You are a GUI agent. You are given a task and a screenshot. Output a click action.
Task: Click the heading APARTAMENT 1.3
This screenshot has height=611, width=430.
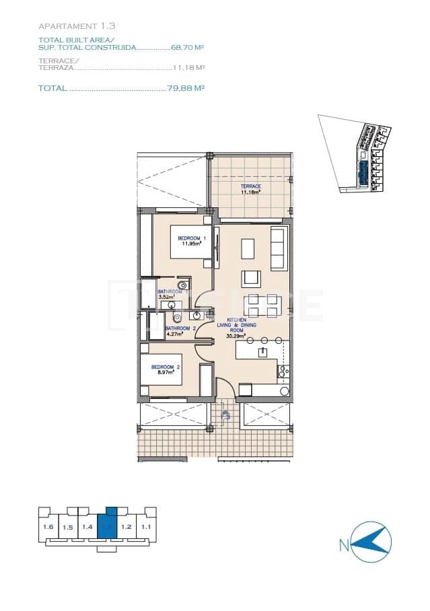pyautogui.click(x=77, y=26)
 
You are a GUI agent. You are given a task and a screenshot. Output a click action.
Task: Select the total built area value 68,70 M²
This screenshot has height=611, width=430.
pyautogui.click(x=188, y=48)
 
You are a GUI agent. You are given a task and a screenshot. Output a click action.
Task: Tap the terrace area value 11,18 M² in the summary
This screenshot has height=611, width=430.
pyautogui.click(x=189, y=67)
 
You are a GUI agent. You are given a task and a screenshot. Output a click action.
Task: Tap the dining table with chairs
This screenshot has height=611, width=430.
pyautogui.click(x=262, y=305)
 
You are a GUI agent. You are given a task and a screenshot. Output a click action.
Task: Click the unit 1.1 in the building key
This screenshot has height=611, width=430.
pyautogui.click(x=145, y=527)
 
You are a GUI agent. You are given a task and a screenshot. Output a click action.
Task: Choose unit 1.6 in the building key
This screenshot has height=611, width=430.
pyautogui.click(x=48, y=527)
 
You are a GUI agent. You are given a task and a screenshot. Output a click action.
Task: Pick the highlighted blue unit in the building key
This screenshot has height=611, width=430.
pyautogui.click(x=107, y=524)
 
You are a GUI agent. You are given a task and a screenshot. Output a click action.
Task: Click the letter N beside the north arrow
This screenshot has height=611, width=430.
pyautogui.click(x=344, y=544)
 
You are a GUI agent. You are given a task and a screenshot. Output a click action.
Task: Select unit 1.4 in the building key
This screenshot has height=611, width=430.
pyautogui.click(x=87, y=527)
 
